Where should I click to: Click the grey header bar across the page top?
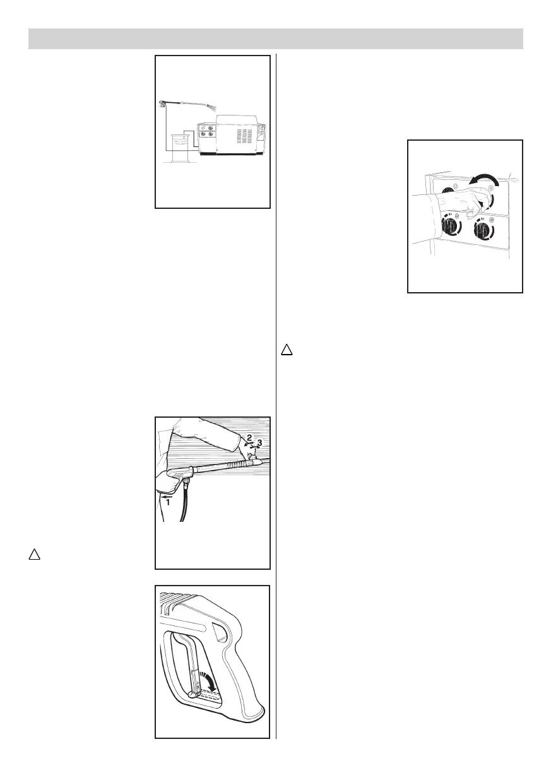[275, 38]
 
